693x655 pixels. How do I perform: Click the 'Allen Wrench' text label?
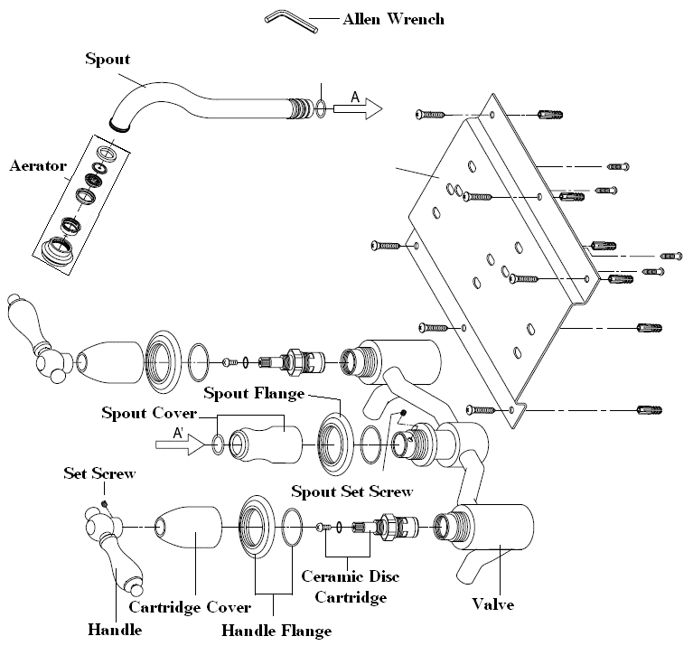click(394, 18)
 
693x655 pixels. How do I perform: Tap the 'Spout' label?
click(108, 60)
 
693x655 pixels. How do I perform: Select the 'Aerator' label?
click(38, 166)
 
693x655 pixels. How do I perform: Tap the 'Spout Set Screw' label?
click(351, 491)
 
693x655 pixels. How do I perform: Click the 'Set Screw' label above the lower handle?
click(99, 473)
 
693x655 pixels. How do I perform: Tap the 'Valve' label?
click(493, 603)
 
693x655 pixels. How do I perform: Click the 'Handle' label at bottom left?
click(115, 629)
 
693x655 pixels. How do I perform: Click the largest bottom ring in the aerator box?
click(64, 247)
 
